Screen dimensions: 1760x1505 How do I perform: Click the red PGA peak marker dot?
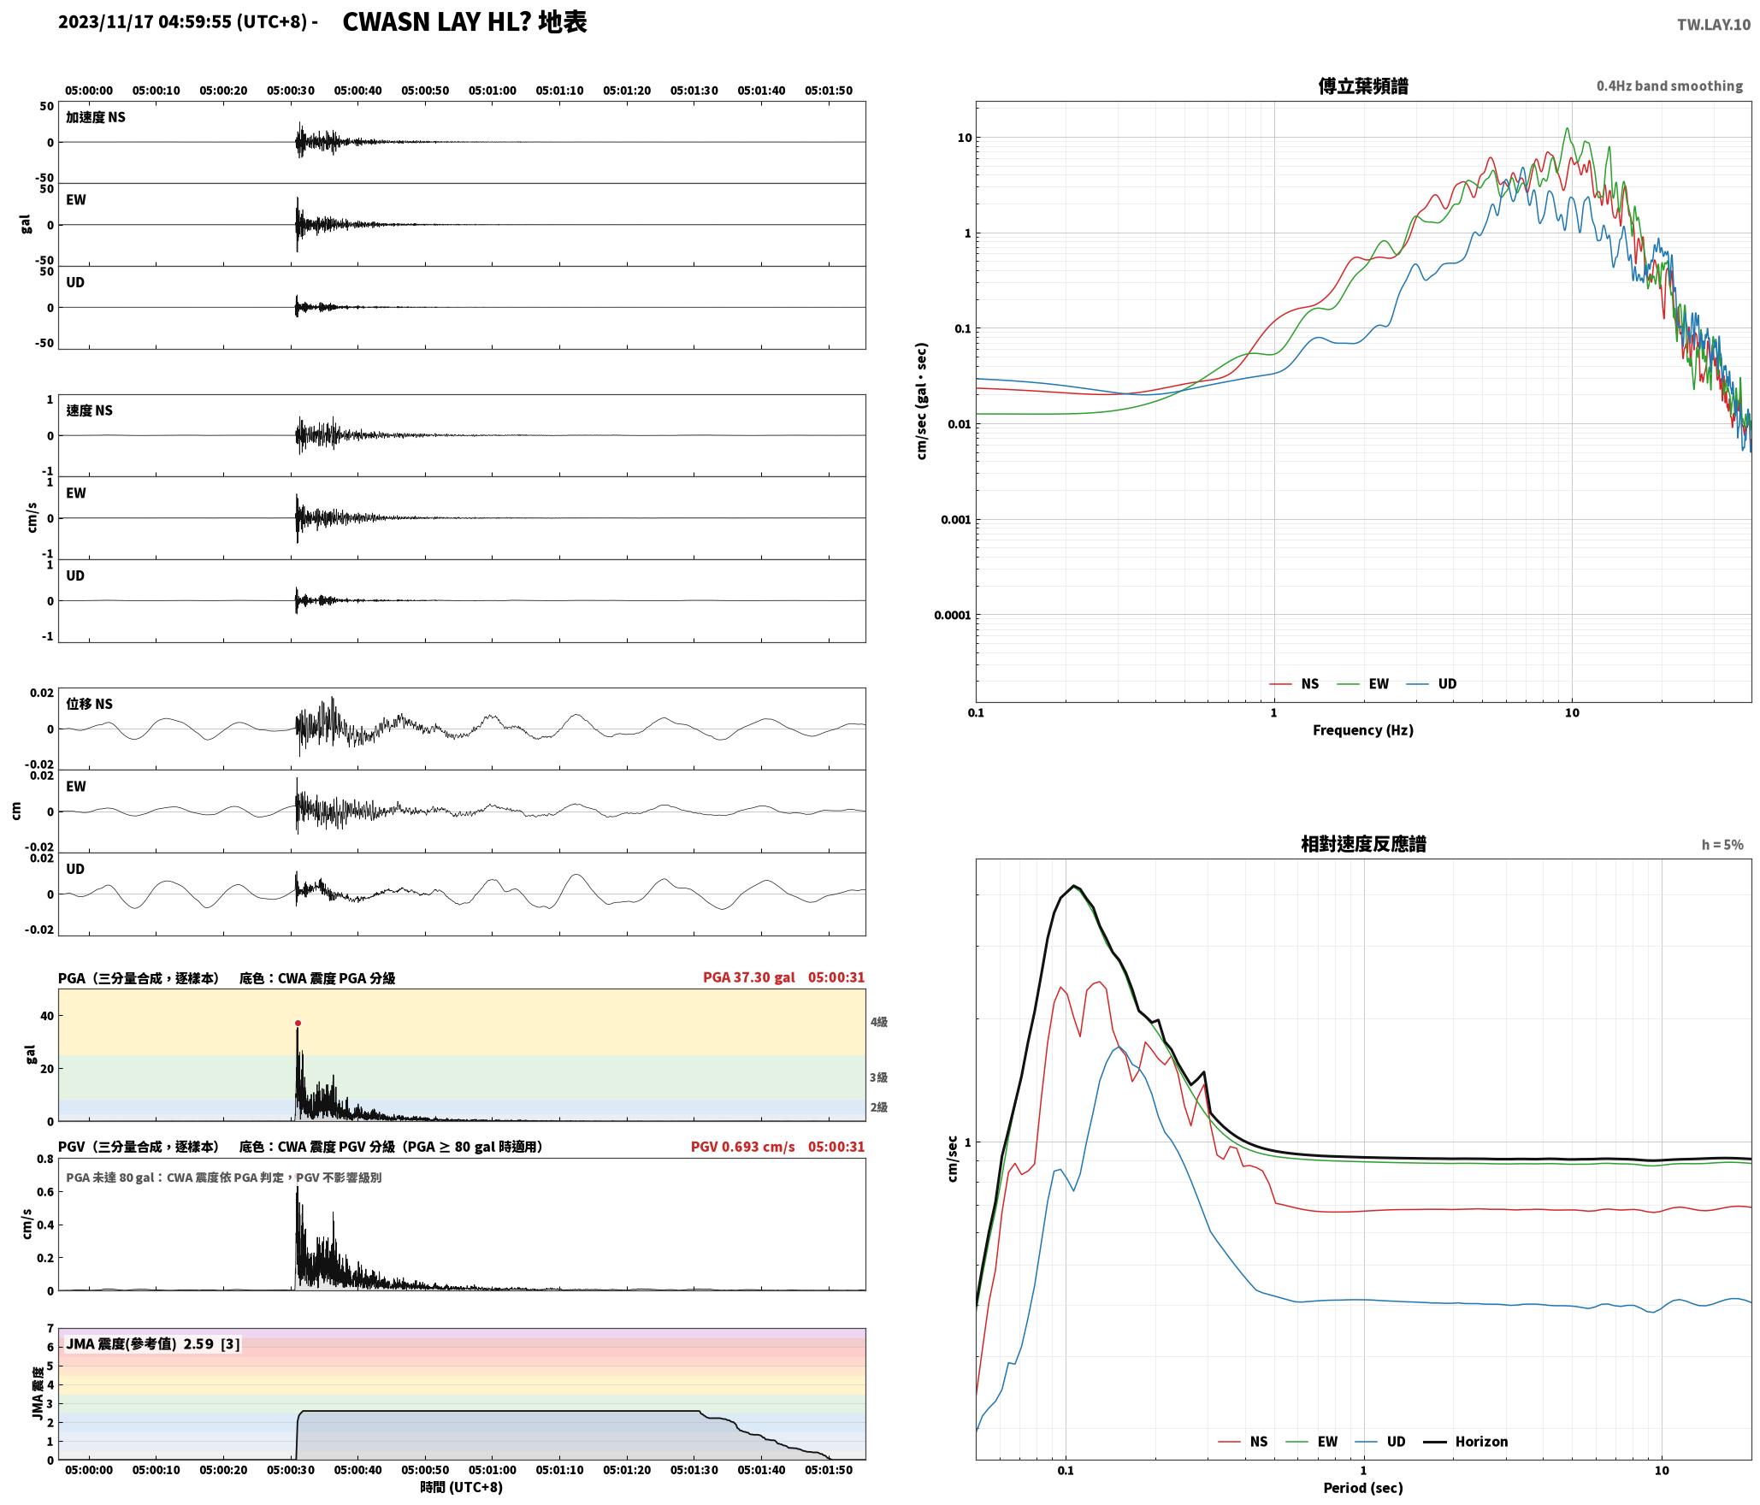(298, 1023)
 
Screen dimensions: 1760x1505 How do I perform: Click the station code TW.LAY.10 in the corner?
(1713, 25)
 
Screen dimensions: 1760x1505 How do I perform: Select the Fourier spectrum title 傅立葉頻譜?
(1363, 86)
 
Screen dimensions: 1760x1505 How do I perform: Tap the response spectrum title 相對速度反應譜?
(1363, 844)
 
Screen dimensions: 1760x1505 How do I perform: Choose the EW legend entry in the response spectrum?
(1312, 1441)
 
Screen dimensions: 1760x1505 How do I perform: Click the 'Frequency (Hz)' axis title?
(1363, 729)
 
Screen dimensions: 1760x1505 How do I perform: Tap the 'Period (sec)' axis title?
(1363, 1487)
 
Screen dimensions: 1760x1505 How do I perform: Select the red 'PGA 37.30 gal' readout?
(749, 977)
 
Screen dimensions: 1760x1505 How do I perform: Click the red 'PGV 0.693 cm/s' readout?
(742, 1146)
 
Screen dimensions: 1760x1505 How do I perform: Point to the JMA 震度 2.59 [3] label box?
(153, 1343)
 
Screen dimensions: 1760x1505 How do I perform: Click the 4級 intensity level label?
(879, 1022)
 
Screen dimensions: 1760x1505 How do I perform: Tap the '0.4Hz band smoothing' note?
(1669, 86)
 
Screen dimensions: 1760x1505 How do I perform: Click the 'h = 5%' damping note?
(1722, 845)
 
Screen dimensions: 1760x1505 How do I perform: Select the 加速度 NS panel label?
(96, 117)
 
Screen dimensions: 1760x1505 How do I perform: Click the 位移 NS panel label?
(90, 704)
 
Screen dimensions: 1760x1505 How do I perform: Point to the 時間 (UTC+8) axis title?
(462, 1487)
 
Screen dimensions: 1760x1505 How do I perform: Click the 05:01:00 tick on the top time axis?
(492, 91)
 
